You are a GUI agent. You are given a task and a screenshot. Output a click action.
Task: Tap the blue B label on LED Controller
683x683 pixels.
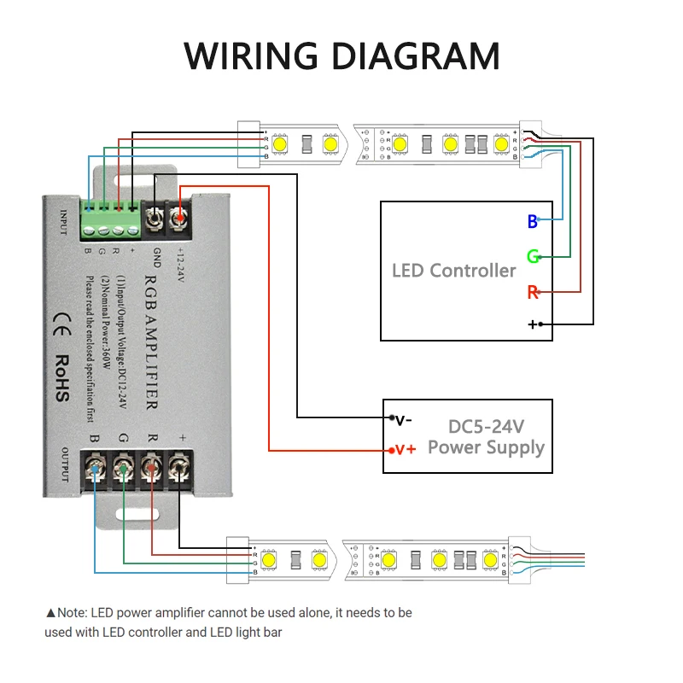pyautogui.click(x=532, y=222)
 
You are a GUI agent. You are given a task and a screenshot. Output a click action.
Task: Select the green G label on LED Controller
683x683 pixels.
pyautogui.click(x=533, y=257)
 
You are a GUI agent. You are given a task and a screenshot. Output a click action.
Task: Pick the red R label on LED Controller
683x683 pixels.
pyautogui.click(x=533, y=293)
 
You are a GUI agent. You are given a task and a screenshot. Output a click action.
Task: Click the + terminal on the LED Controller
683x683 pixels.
pyautogui.click(x=533, y=324)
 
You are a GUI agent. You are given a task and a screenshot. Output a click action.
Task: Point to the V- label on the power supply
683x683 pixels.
pyautogui.click(x=403, y=419)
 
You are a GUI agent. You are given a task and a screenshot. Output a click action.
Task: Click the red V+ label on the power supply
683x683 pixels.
pyautogui.click(x=404, y=449)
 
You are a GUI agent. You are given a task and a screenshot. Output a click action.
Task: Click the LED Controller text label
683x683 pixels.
pyautogui.click(x=453, y=271)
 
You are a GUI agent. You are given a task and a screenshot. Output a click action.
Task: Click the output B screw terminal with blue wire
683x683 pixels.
pyautogui.click(x=96, y=469)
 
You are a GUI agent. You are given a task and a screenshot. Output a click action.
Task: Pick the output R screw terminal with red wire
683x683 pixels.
pyautogui.click(x=152, y=469)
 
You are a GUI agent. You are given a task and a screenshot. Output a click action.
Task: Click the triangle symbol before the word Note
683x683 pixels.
pyautogui.click(x=50, y=613)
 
